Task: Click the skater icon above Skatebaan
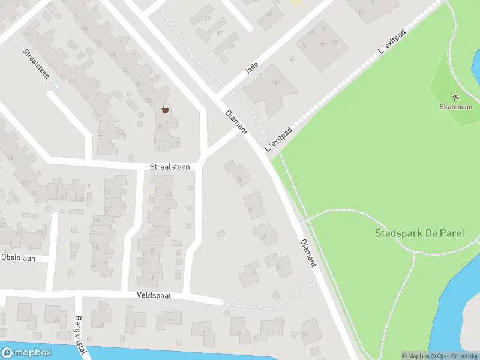455,96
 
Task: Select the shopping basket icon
164,109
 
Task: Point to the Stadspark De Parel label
419,233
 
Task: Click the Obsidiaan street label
18,257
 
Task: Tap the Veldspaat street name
149,296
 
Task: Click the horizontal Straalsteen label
170,167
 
